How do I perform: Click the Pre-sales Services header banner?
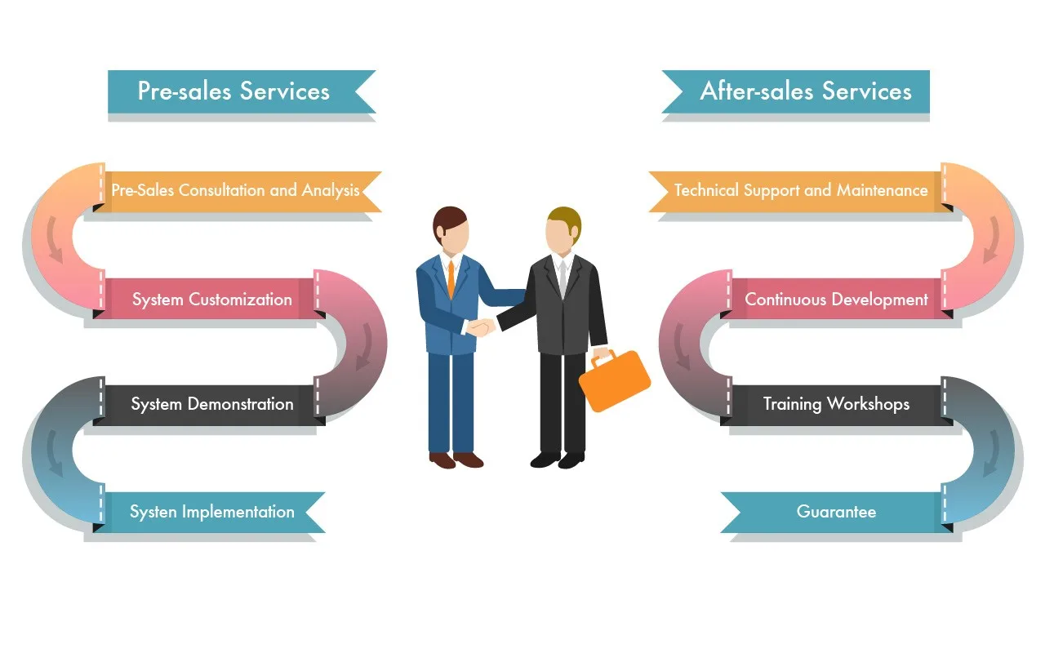coord(234,91)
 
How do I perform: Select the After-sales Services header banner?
coord(805,91)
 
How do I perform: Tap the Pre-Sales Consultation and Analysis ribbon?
coord(236,191)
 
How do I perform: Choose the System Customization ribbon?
coord(211,300)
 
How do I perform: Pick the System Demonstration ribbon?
coord(211,404)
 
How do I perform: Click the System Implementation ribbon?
coord(211,512)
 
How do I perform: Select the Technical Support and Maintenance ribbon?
coord(801,191)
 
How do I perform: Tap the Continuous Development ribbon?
coord(836,300)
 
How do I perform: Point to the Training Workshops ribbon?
coord(836,404)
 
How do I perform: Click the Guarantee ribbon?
coord(836,512)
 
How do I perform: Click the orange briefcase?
coord(614,382)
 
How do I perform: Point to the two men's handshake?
coord(481,327)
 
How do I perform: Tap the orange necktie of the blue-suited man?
coord(451,278)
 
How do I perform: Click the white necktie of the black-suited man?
coord(562,278)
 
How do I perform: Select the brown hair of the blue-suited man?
coord(448,219)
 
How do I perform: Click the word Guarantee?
coord(836,512)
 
